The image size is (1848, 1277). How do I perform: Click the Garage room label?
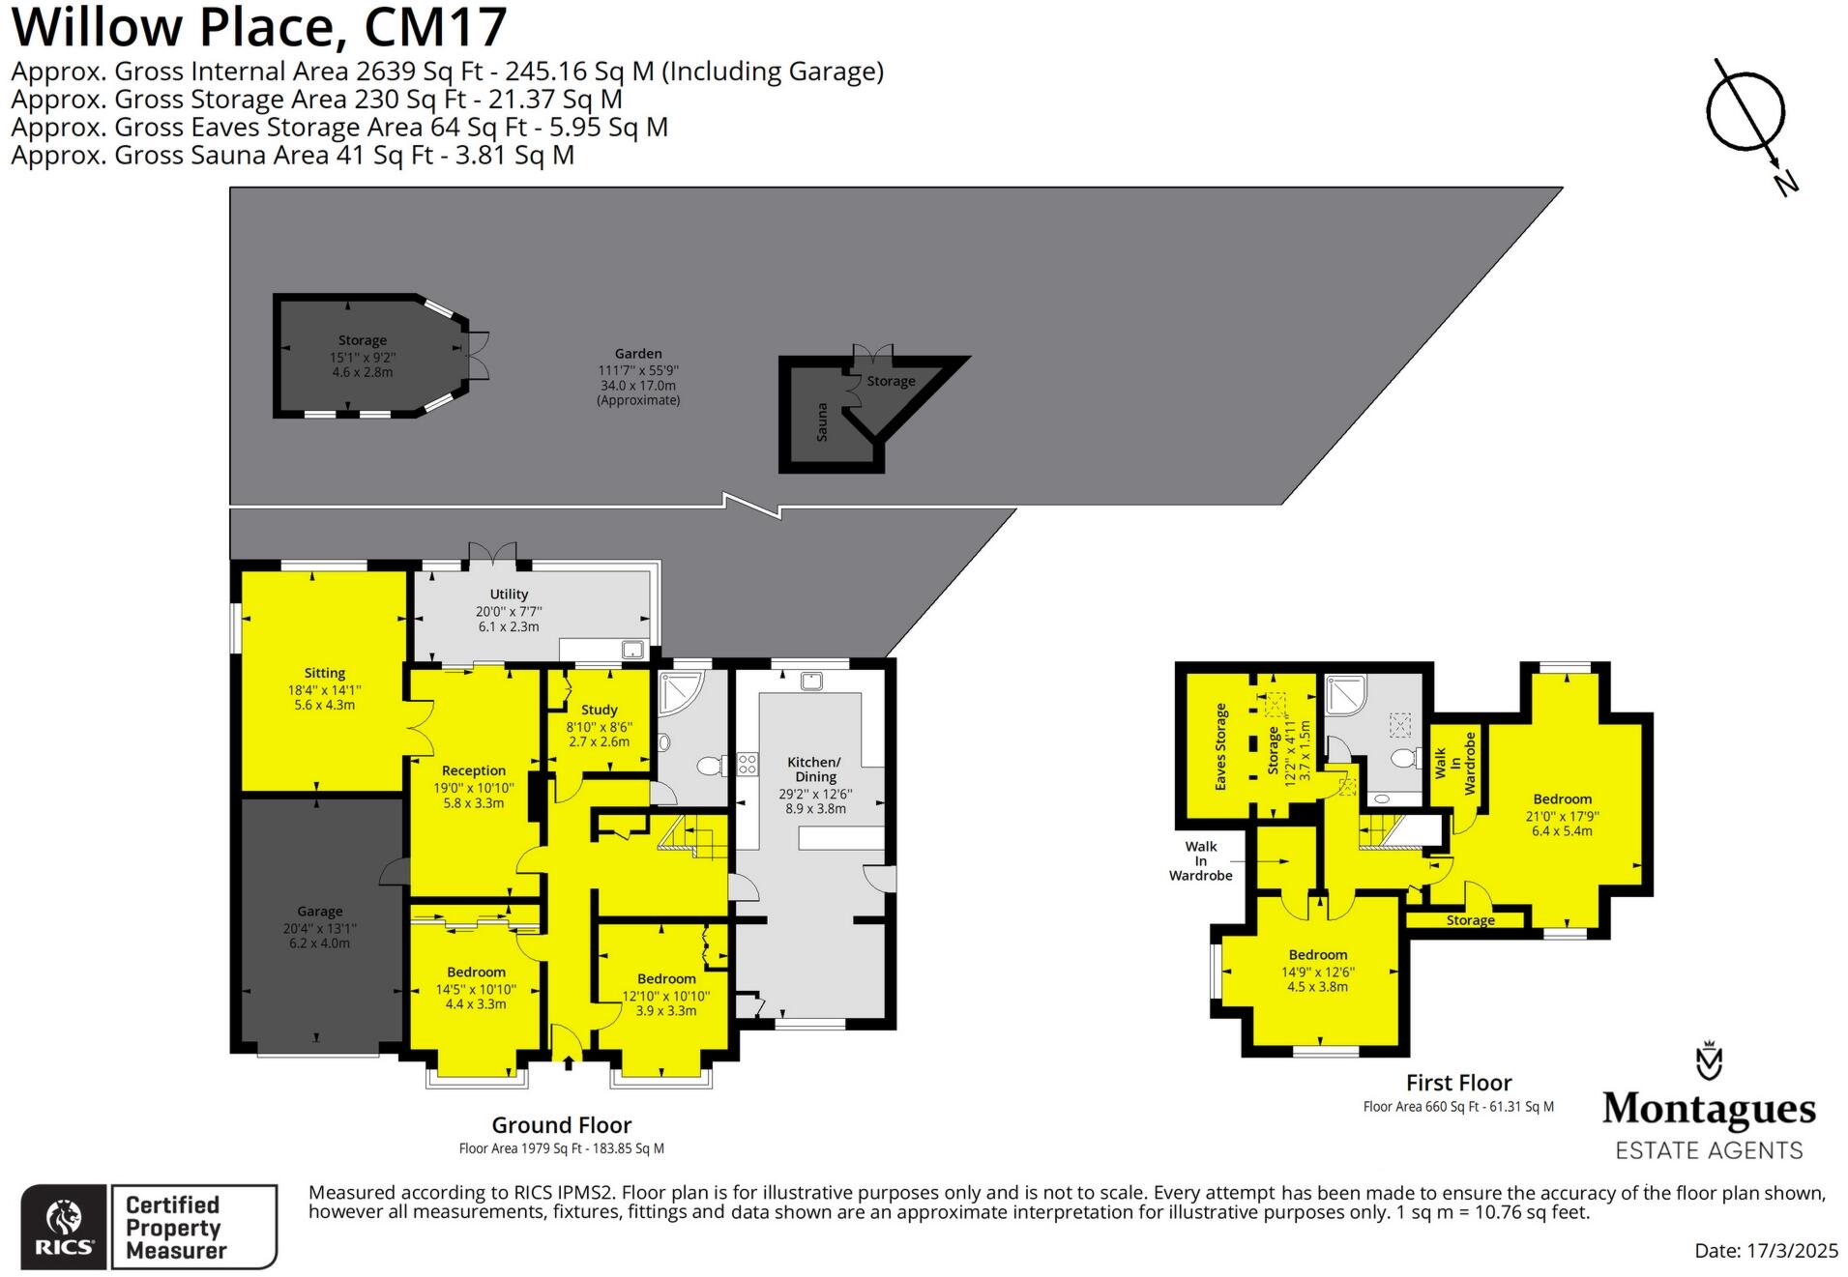[x=319, y=911]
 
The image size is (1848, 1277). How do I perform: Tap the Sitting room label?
[x=324, y=673]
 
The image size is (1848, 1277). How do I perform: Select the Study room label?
[x=599, y=710]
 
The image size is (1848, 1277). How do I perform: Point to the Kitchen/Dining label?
[x=815, y=769]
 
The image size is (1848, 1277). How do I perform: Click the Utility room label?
[x=509, y=595]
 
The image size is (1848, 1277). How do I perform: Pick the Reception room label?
[x=474, y=770]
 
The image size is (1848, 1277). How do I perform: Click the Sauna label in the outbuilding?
[x=822, y=422]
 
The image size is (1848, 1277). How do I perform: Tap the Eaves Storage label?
[x=1220, y=746]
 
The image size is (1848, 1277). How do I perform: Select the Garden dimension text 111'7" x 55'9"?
[x=638, y=370]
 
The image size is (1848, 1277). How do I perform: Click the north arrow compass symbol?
[x=1746, y=114]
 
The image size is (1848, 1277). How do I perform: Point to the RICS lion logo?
[x=64, y=1217]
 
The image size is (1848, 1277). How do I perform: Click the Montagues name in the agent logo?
[x=1709, y=1109]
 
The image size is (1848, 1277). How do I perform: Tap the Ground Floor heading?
[x=561, y=1125]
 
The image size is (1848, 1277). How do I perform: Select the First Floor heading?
[x=1458, y=1083]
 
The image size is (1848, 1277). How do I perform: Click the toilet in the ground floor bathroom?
[x=710, y=767]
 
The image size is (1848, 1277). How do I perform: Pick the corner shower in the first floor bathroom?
[x=1343, y=694]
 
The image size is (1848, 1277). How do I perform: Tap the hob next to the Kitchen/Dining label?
[x=748, y=764]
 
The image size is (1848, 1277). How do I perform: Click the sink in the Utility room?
[x=633, y=650]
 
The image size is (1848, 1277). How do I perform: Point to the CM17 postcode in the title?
[x=435, y=27]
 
